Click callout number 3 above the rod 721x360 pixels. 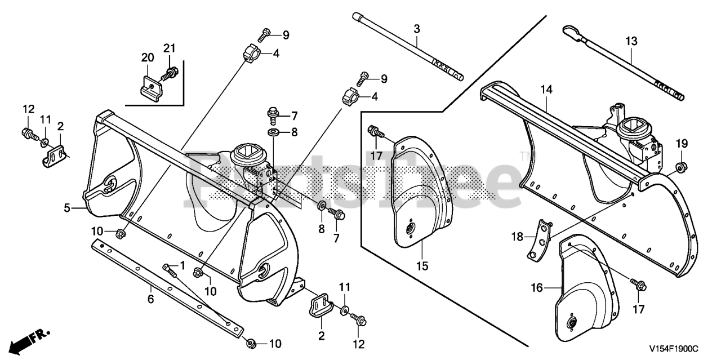coord(417,28)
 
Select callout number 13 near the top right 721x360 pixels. coord(631,41)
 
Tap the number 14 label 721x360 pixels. coord(546,89)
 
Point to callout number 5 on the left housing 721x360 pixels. coord(67,208)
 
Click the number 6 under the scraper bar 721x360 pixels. coord(150,299)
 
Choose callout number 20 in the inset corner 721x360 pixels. coord(148,57)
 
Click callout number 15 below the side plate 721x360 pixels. coord(422,265)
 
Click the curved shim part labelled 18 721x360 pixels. coord(539,240)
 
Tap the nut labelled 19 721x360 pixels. coord(680,166)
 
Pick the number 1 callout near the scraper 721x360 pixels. coord(181,265)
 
